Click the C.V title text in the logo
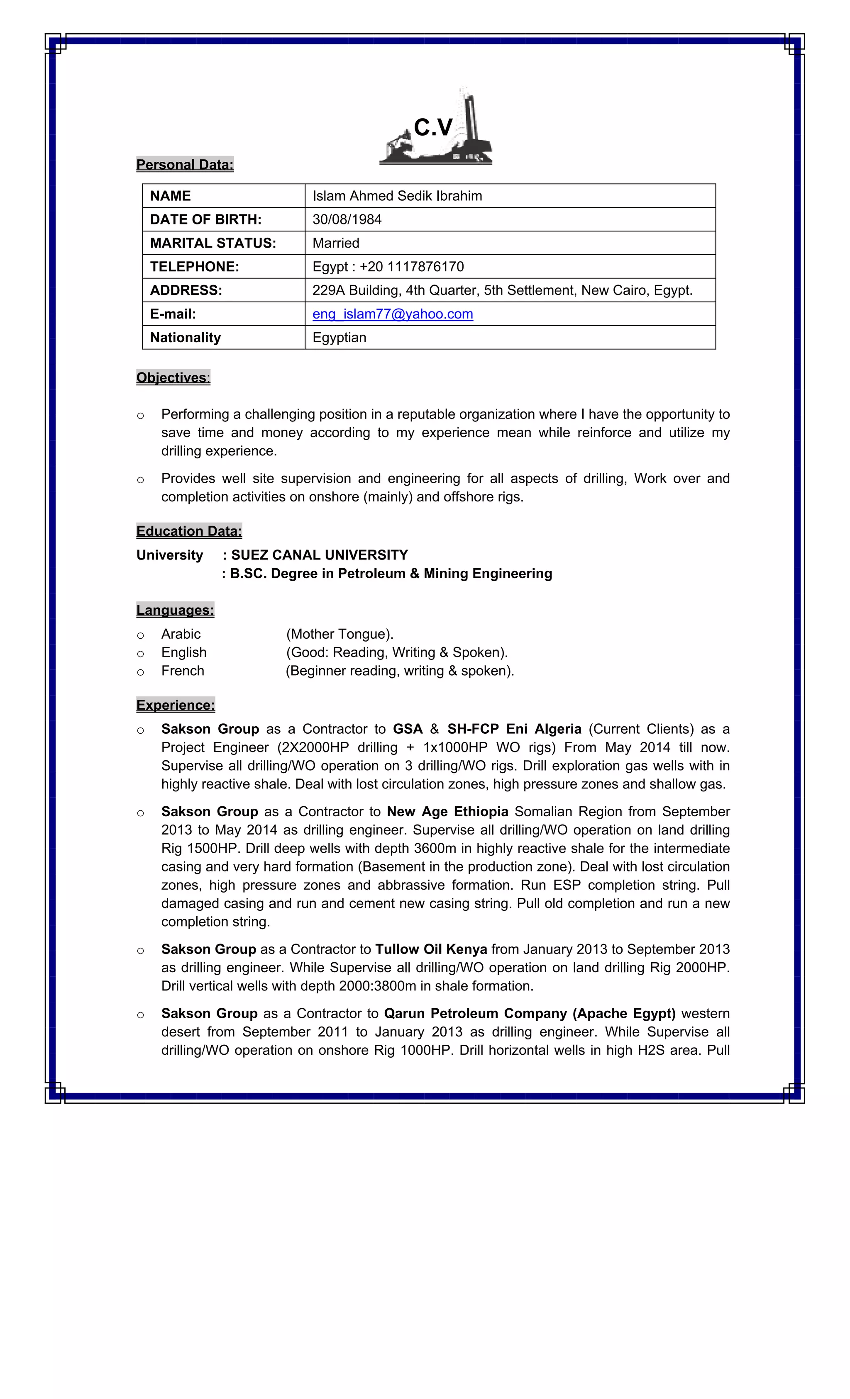point(433,128)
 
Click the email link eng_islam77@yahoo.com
point(392,314)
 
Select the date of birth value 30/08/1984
point(347,220)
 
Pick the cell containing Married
point(336,243)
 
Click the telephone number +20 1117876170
point(411,267)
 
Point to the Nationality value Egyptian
point(339,338)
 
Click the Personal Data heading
point(185,165)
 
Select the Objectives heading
point(173,377)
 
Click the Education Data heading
point(189,531)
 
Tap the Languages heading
point(175,611)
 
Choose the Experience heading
point(175,705)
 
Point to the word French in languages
point(182,671)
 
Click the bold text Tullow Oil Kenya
point(431,949)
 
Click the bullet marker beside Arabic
point(140,635)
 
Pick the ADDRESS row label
point(186,291)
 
